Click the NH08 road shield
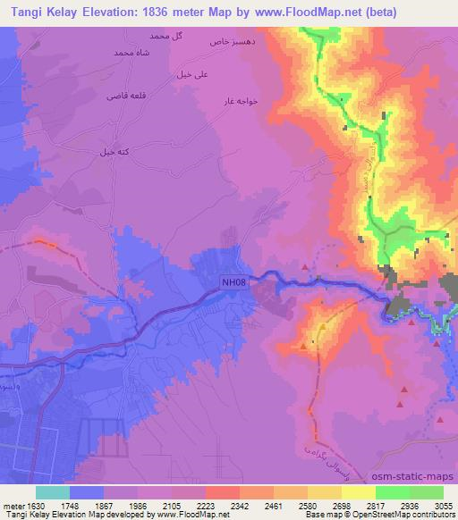tap(234, 283)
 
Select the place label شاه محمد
tap(130, 53)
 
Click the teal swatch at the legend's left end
tap(52, 492)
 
